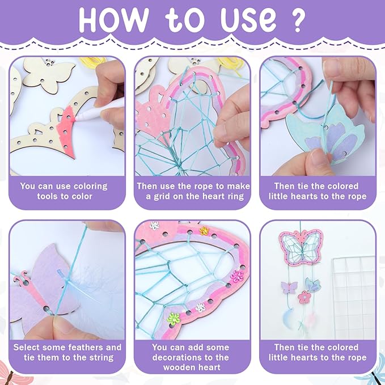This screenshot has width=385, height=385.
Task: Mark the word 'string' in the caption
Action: click(x=100, y=357)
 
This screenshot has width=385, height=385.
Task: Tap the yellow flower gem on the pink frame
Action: click(x=204, y=231)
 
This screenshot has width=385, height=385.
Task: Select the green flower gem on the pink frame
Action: click(x=174, y=318)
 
